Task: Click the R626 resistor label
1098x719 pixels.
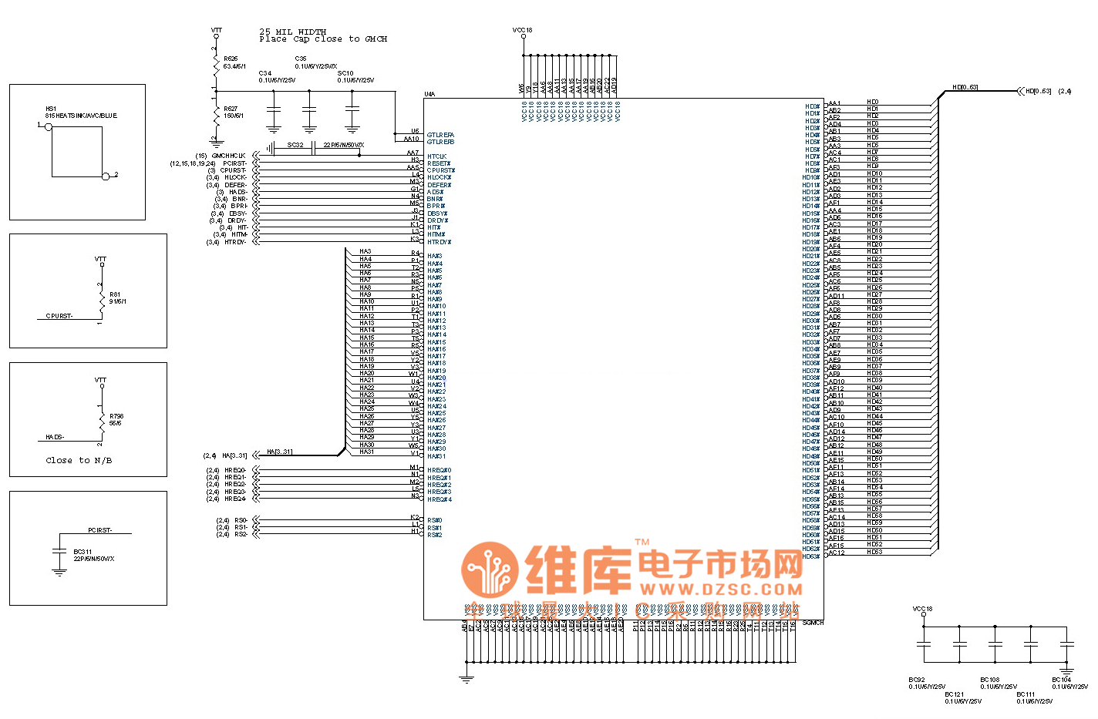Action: click(231, 59)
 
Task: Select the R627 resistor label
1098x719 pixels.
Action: click(231, 109)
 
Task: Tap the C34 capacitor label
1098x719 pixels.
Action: click(265, 73)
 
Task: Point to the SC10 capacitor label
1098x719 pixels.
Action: click(345, 73)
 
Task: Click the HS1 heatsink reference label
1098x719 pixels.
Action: click(51, 109)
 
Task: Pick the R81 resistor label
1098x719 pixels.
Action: click(115, 294)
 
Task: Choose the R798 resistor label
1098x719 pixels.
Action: click(116, 416)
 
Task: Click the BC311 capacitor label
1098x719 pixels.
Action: click(83, 552)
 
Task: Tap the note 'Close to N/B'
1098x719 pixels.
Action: click(79, 460)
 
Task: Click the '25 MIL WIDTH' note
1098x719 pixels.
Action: click(292, 32)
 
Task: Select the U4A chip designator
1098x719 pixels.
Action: click(429, 95)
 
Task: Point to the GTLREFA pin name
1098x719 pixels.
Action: click(440, 135)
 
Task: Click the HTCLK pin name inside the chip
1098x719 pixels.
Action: click(437, 156)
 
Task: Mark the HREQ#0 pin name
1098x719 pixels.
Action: click(440, 470)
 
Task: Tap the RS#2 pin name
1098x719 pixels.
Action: click(435, 535)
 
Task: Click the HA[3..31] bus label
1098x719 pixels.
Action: click(279, 452)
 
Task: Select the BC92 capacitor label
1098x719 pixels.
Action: click(917, 680)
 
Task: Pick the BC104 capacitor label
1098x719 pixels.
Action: click(1061, 680)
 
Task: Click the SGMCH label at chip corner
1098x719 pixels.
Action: click(813, 623)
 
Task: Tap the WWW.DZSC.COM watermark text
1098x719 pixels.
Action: click(721, 590)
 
